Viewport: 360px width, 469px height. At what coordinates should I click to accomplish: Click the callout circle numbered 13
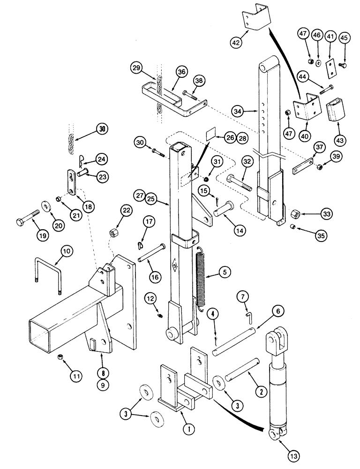[x=280, y=455]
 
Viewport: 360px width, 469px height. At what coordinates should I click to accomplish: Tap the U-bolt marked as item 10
[x=48, y=277]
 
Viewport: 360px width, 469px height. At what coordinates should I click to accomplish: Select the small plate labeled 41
[x=332, y=66]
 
